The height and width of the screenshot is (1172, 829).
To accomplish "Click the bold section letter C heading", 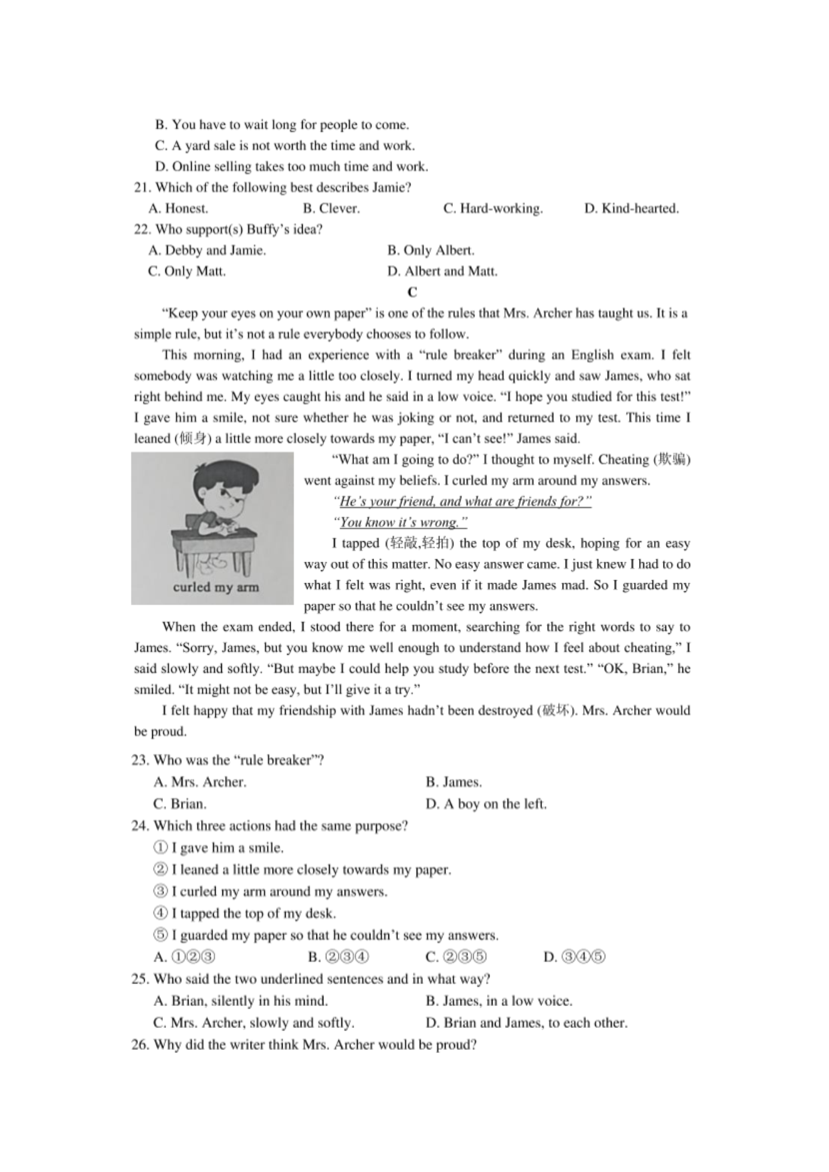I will [x=412, y=293].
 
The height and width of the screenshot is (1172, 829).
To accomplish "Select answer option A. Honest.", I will [x=179, y=209].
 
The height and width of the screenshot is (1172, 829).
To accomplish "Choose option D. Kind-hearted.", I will [x=631, y=209].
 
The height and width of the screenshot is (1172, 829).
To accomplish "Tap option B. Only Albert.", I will [x=430, y=251].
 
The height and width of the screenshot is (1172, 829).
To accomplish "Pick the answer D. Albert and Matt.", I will [x=442, y=271].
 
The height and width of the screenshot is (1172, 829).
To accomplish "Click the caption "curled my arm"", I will [x=216, y=588].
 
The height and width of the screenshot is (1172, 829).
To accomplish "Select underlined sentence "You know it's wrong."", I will [x=400, y=522].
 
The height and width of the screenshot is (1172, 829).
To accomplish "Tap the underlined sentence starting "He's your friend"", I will [x=462, y=501].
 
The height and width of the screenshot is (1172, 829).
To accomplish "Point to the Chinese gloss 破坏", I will [x=556, y=710].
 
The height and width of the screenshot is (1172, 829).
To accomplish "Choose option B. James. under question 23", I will [x=453, y=782].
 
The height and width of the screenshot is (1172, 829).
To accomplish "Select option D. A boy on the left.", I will [x=486, y=804].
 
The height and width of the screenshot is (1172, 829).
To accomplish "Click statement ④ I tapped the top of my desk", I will [x=244, y=913].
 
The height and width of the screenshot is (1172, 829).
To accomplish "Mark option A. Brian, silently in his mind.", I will [x=241, y=1000].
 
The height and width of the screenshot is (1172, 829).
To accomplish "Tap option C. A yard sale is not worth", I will [x=284, y=145].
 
